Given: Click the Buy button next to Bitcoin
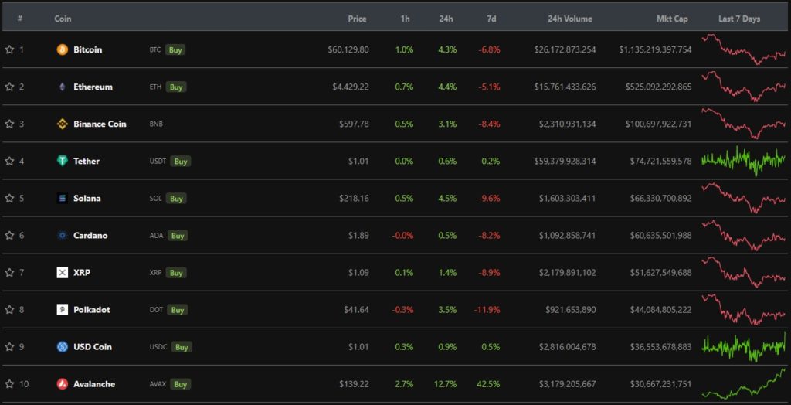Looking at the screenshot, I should pos(176,49).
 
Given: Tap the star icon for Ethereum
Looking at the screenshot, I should pos(9,87).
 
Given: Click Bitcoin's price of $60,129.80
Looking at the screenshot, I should pos(348,49).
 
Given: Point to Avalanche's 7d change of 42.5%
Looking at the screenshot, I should pos(488,384).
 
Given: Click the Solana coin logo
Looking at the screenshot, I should pos(63,199).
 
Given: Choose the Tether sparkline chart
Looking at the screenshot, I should pos(743,160).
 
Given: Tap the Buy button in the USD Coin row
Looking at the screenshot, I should pos(182,347).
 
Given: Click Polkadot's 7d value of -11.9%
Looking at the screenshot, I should pos(487,310).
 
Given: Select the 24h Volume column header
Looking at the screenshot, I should pos(570,19).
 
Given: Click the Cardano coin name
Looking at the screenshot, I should pos(90,236).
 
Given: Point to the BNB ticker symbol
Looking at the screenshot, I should pos(156,124).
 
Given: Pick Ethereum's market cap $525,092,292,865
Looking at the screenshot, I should pos(655,87).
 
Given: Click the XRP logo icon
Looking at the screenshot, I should pos(63,273).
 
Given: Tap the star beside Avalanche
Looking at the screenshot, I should pos(9,384).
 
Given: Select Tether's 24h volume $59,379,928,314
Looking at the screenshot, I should pos(567,161).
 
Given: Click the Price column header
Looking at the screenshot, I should pos(357,19).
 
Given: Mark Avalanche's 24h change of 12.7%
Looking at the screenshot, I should pos(446,384).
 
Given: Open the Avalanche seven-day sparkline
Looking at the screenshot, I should pos(743,383).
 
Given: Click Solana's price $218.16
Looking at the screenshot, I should pos(354,199).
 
